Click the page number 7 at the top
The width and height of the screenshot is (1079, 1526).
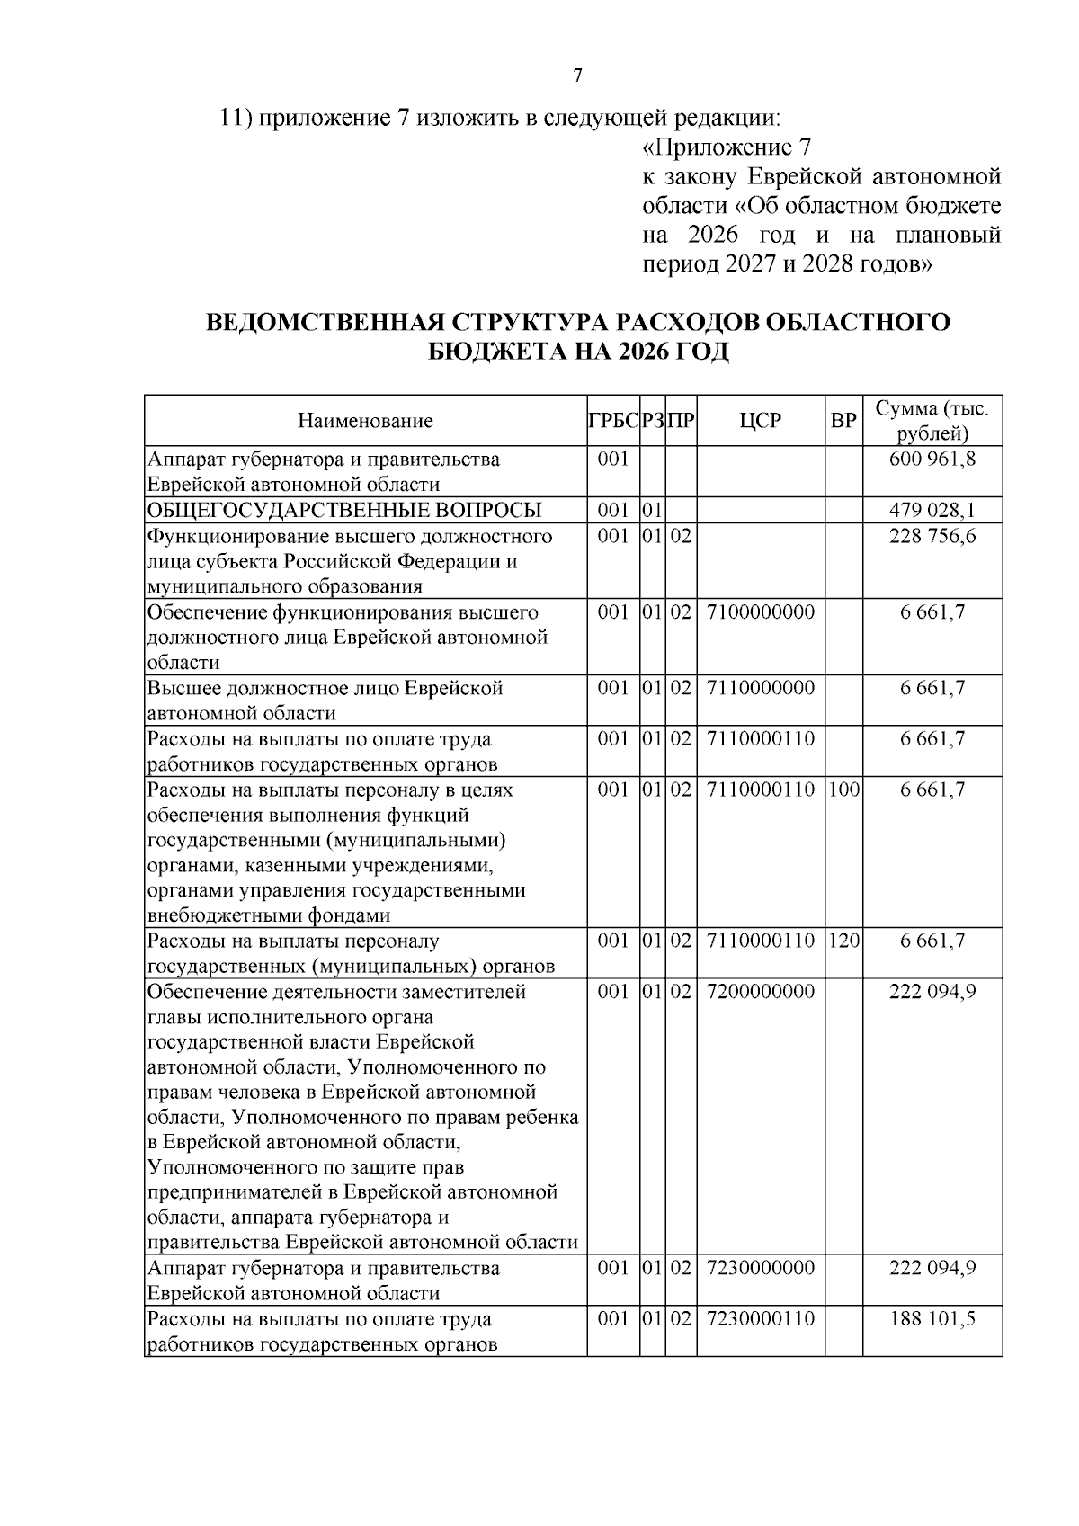[x=577, y=76]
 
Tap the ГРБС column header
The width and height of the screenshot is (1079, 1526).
[x=613, y=421]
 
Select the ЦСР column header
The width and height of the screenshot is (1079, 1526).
[x=761, y=421]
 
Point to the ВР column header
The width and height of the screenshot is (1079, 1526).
[x=843, y=421]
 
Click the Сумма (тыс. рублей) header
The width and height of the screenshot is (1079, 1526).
[x=932, y=421]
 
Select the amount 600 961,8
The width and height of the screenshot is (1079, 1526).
[x=932, y=460]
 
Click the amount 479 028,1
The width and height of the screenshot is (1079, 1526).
[x=932, y=511]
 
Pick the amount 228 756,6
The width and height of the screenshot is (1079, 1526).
[x=932, y=537]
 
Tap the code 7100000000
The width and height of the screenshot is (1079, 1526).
[x=761, y=612]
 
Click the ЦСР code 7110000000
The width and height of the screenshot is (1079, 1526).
[x=761, y=688]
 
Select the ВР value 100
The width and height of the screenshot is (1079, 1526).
[x=844, y=790]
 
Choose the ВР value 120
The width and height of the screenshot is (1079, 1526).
[x=844, y=941]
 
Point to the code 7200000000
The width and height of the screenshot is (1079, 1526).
[x=761, y=991]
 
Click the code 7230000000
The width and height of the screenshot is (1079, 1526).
[x=761, y=1268]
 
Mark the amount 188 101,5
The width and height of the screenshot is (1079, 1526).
[x=932, y=1318]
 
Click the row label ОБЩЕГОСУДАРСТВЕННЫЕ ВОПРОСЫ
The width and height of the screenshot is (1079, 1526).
[x=344, y=511]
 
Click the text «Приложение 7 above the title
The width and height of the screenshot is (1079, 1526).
[x=728, y=147]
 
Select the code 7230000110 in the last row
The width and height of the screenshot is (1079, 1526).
[x=761, y=1318]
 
